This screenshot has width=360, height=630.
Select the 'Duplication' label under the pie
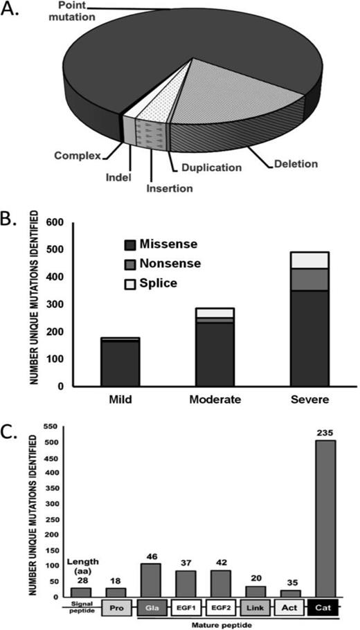[x=207, y=168]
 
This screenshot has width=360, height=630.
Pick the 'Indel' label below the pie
[x=119, y=177]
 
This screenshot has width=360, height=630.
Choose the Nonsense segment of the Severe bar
[x=309, y=279]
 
